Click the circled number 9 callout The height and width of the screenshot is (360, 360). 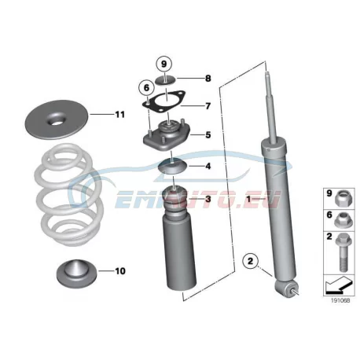pyautogui.click(x=163, y=64)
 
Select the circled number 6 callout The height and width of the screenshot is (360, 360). pyautogui.click(x=146, y=88)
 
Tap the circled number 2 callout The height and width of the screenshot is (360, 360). pyautogui.click(x=251, y=261)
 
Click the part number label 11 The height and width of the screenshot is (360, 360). pyautogui.click(x=120, y=115)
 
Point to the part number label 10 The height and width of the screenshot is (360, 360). pyautogui.click(x=120, y=271)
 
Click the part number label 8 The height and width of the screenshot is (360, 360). pyautogui.click(x=208, y=79)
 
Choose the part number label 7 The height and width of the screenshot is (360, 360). pyautogui.click(x=208, y=106)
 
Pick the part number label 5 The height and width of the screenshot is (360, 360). pyautogui.click(x=208, y=135)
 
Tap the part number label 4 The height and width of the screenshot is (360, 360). pyautogui.click(x=208, y=166)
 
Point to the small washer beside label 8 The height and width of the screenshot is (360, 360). pyautogui.click(x=166, y=80)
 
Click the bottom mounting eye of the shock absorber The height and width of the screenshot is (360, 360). pyautogui.click(x=285, y=288)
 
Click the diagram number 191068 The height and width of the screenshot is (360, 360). pyautogui.click(x=340, y=300)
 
